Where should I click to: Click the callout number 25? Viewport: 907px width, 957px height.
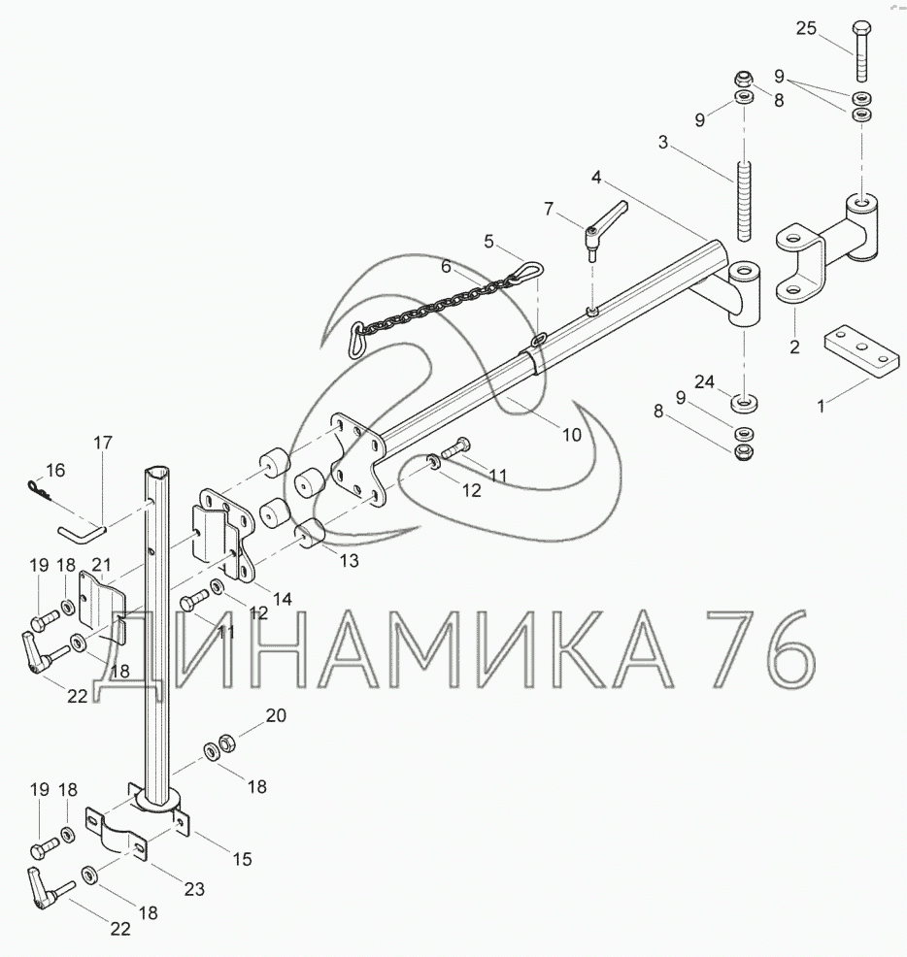(x=806, y=28)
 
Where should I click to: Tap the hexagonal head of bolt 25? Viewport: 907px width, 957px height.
(x=860, y=28)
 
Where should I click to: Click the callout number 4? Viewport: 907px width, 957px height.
(x=596, y=178)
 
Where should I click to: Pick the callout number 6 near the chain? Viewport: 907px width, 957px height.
(x=447, y=267)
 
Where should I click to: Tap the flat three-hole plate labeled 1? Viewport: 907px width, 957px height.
(x=861, y=352)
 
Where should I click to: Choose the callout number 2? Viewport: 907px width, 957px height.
(x=794, y=346)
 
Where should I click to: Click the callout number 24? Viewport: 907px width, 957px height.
(x=704, y=382)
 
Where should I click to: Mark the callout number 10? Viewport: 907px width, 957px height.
(x=572, y=435)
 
